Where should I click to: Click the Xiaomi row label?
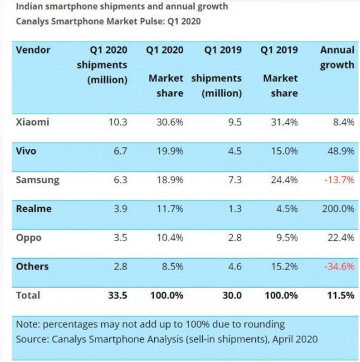point(33,122)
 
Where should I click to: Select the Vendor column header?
point(33,50)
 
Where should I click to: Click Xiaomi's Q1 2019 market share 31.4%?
point(284,122)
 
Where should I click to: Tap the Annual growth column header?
point(337,57)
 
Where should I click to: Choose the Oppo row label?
point(29,238)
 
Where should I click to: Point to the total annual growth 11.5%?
point(341,295)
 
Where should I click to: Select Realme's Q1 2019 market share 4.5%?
point(287,209)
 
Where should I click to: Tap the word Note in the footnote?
point(27,324)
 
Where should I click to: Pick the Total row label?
point(28,295)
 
